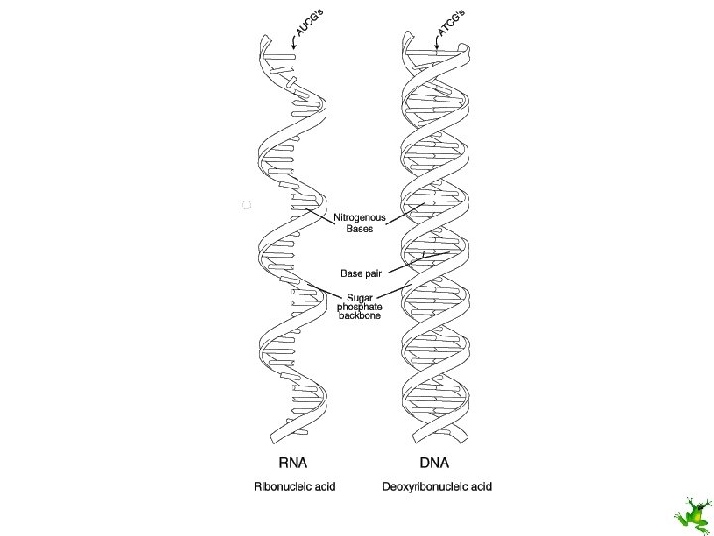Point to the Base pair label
pyautogui.click(x=360, y=272)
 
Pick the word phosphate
pyautogui.click(x=359, y=308)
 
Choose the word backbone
pyautogui.click(x=359, y=318)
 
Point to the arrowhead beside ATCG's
pyautogui.click(x=438, y=44)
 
